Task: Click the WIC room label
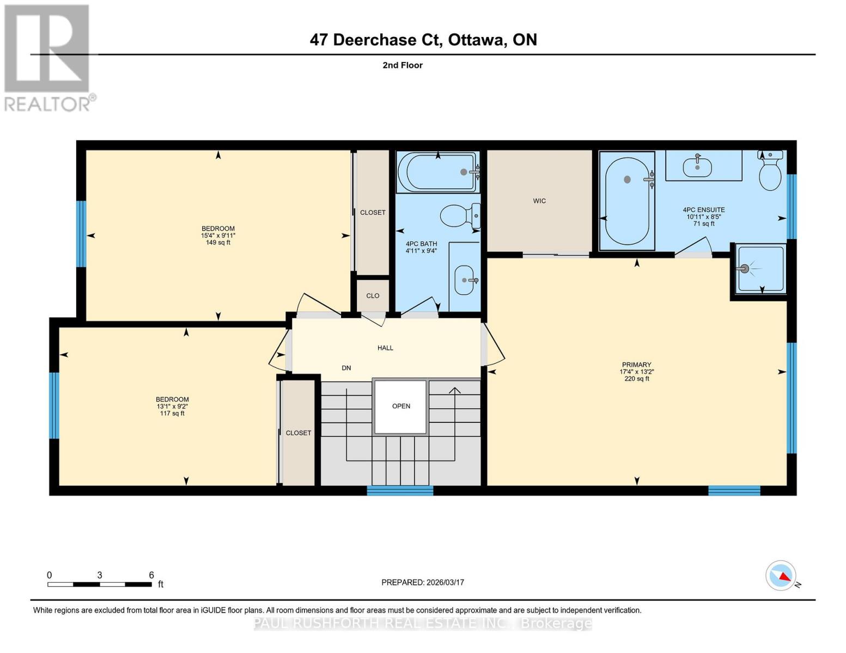click(539, 201)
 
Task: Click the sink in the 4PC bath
click(464, 280)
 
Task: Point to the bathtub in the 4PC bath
click(437, 172)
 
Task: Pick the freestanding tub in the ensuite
click(627, 201)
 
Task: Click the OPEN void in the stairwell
click(400, 406)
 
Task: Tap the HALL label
click(385, 348)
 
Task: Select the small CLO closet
click(373, 295)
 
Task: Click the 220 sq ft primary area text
click(636, 379)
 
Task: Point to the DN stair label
click(346, 368)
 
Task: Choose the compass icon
click(781, 575)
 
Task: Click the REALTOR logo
click(47, 58)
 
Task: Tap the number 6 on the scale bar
click(151, 575)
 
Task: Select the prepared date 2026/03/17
click(422, 582)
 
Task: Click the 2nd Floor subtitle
click(402, 65)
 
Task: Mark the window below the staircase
click(400, 490)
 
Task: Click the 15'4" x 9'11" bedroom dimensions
click(218, 236)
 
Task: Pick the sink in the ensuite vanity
click(697, 165)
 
